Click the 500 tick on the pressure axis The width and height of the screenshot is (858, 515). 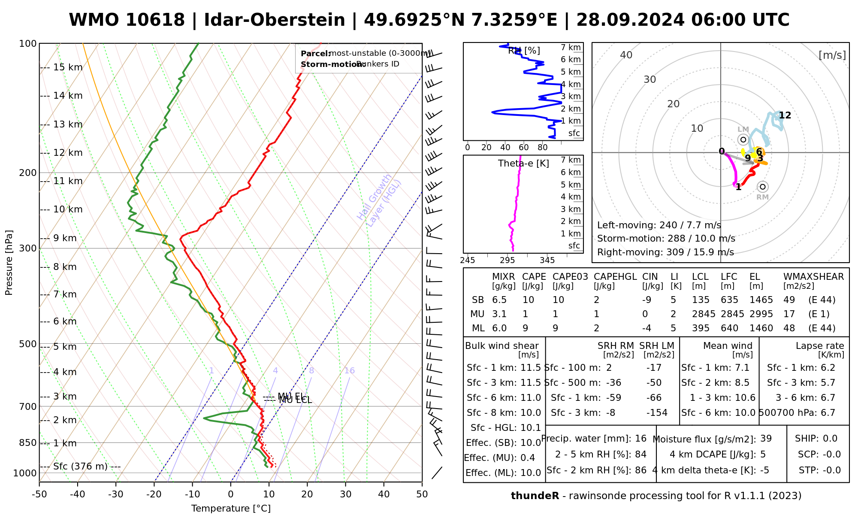[28, 344]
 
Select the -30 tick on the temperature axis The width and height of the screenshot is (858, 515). [116, 494]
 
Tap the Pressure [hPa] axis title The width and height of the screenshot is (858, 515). [9, 263]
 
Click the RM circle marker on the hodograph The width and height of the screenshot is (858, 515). [762, 187]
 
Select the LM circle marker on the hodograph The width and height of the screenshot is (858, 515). [743, 139]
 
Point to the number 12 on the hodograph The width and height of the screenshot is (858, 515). [785, 115]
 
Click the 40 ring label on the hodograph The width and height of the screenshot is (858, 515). [626, 55]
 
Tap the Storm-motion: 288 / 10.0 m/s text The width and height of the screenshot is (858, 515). [666, 239]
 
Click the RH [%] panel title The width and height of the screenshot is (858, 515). [524, 51]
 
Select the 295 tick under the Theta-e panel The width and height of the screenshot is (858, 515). [507, 261]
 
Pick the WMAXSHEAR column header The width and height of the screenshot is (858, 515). [813, 277]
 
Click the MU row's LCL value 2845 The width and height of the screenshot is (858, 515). [704, 314]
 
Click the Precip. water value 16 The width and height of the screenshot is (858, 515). [640, 439]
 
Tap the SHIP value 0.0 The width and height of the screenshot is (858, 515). [830, 439]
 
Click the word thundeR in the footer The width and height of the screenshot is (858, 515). [535, 496]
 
